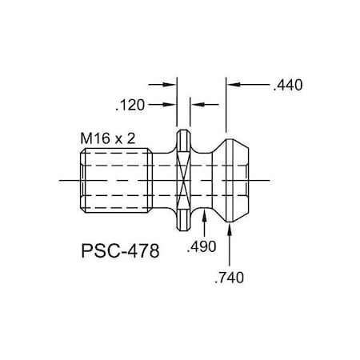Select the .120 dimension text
(x=130, y=104)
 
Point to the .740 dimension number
(x=230, y=278)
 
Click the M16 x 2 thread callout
(x=107, y=138)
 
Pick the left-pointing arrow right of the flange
(x=194, y=104)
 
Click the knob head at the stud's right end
(x=237, y=180)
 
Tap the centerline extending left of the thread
(x=68, y=180)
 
